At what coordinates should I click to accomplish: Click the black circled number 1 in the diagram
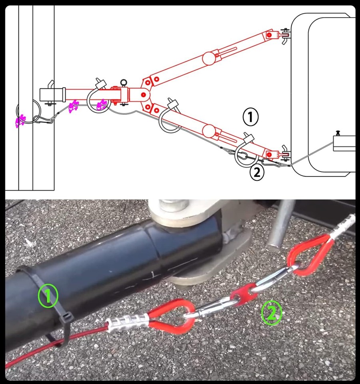[x=251, y=117]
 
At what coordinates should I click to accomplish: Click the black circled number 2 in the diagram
[x=257, y=173]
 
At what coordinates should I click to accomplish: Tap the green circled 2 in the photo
[x=271, y=313]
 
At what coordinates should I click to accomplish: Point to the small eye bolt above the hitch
[x=124, y=83]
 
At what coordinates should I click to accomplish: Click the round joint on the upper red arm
[x=208, y=58]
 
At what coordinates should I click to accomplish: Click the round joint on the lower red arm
[x=208, y=130]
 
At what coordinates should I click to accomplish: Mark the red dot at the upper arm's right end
[x=270, y=36]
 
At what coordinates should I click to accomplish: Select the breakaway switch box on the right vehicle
[x=344, y=143]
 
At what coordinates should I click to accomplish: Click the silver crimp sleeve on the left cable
[x=126, y=320]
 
